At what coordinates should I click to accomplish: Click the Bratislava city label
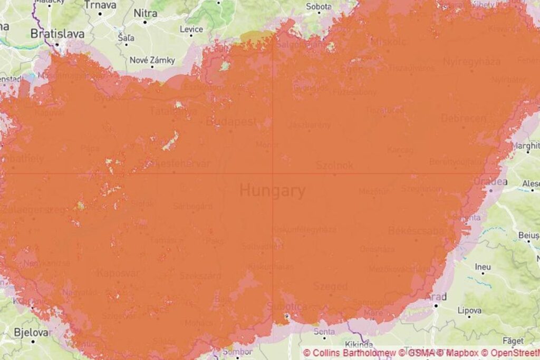tap(57, 34)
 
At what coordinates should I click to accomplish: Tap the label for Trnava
tap(100, 5)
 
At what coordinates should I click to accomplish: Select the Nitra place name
tap(146, 13)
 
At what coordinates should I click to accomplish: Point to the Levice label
tap(191, 29)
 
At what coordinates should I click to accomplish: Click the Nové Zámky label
tap(152, 60)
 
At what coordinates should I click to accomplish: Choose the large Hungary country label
tap(272, 190)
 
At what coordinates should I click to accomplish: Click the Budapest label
tap(231, 122)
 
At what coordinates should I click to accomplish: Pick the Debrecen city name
tap(464, 118)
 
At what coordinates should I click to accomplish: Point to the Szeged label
tap(330, 286)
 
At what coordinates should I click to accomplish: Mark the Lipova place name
tap(469, 310)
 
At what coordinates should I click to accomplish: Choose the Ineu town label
tap(483, 267)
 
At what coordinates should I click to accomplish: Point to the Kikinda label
tap(361, 345)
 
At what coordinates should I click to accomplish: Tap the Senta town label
tap(324, 332)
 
